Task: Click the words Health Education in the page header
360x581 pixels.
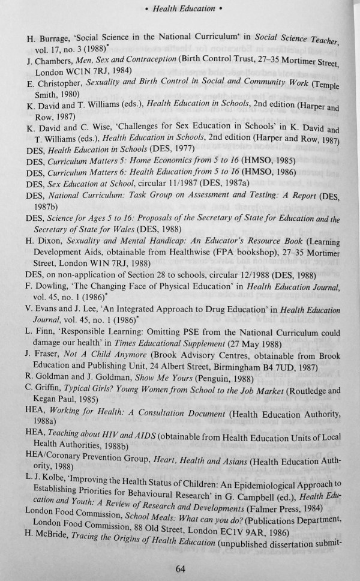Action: click(184, 8)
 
